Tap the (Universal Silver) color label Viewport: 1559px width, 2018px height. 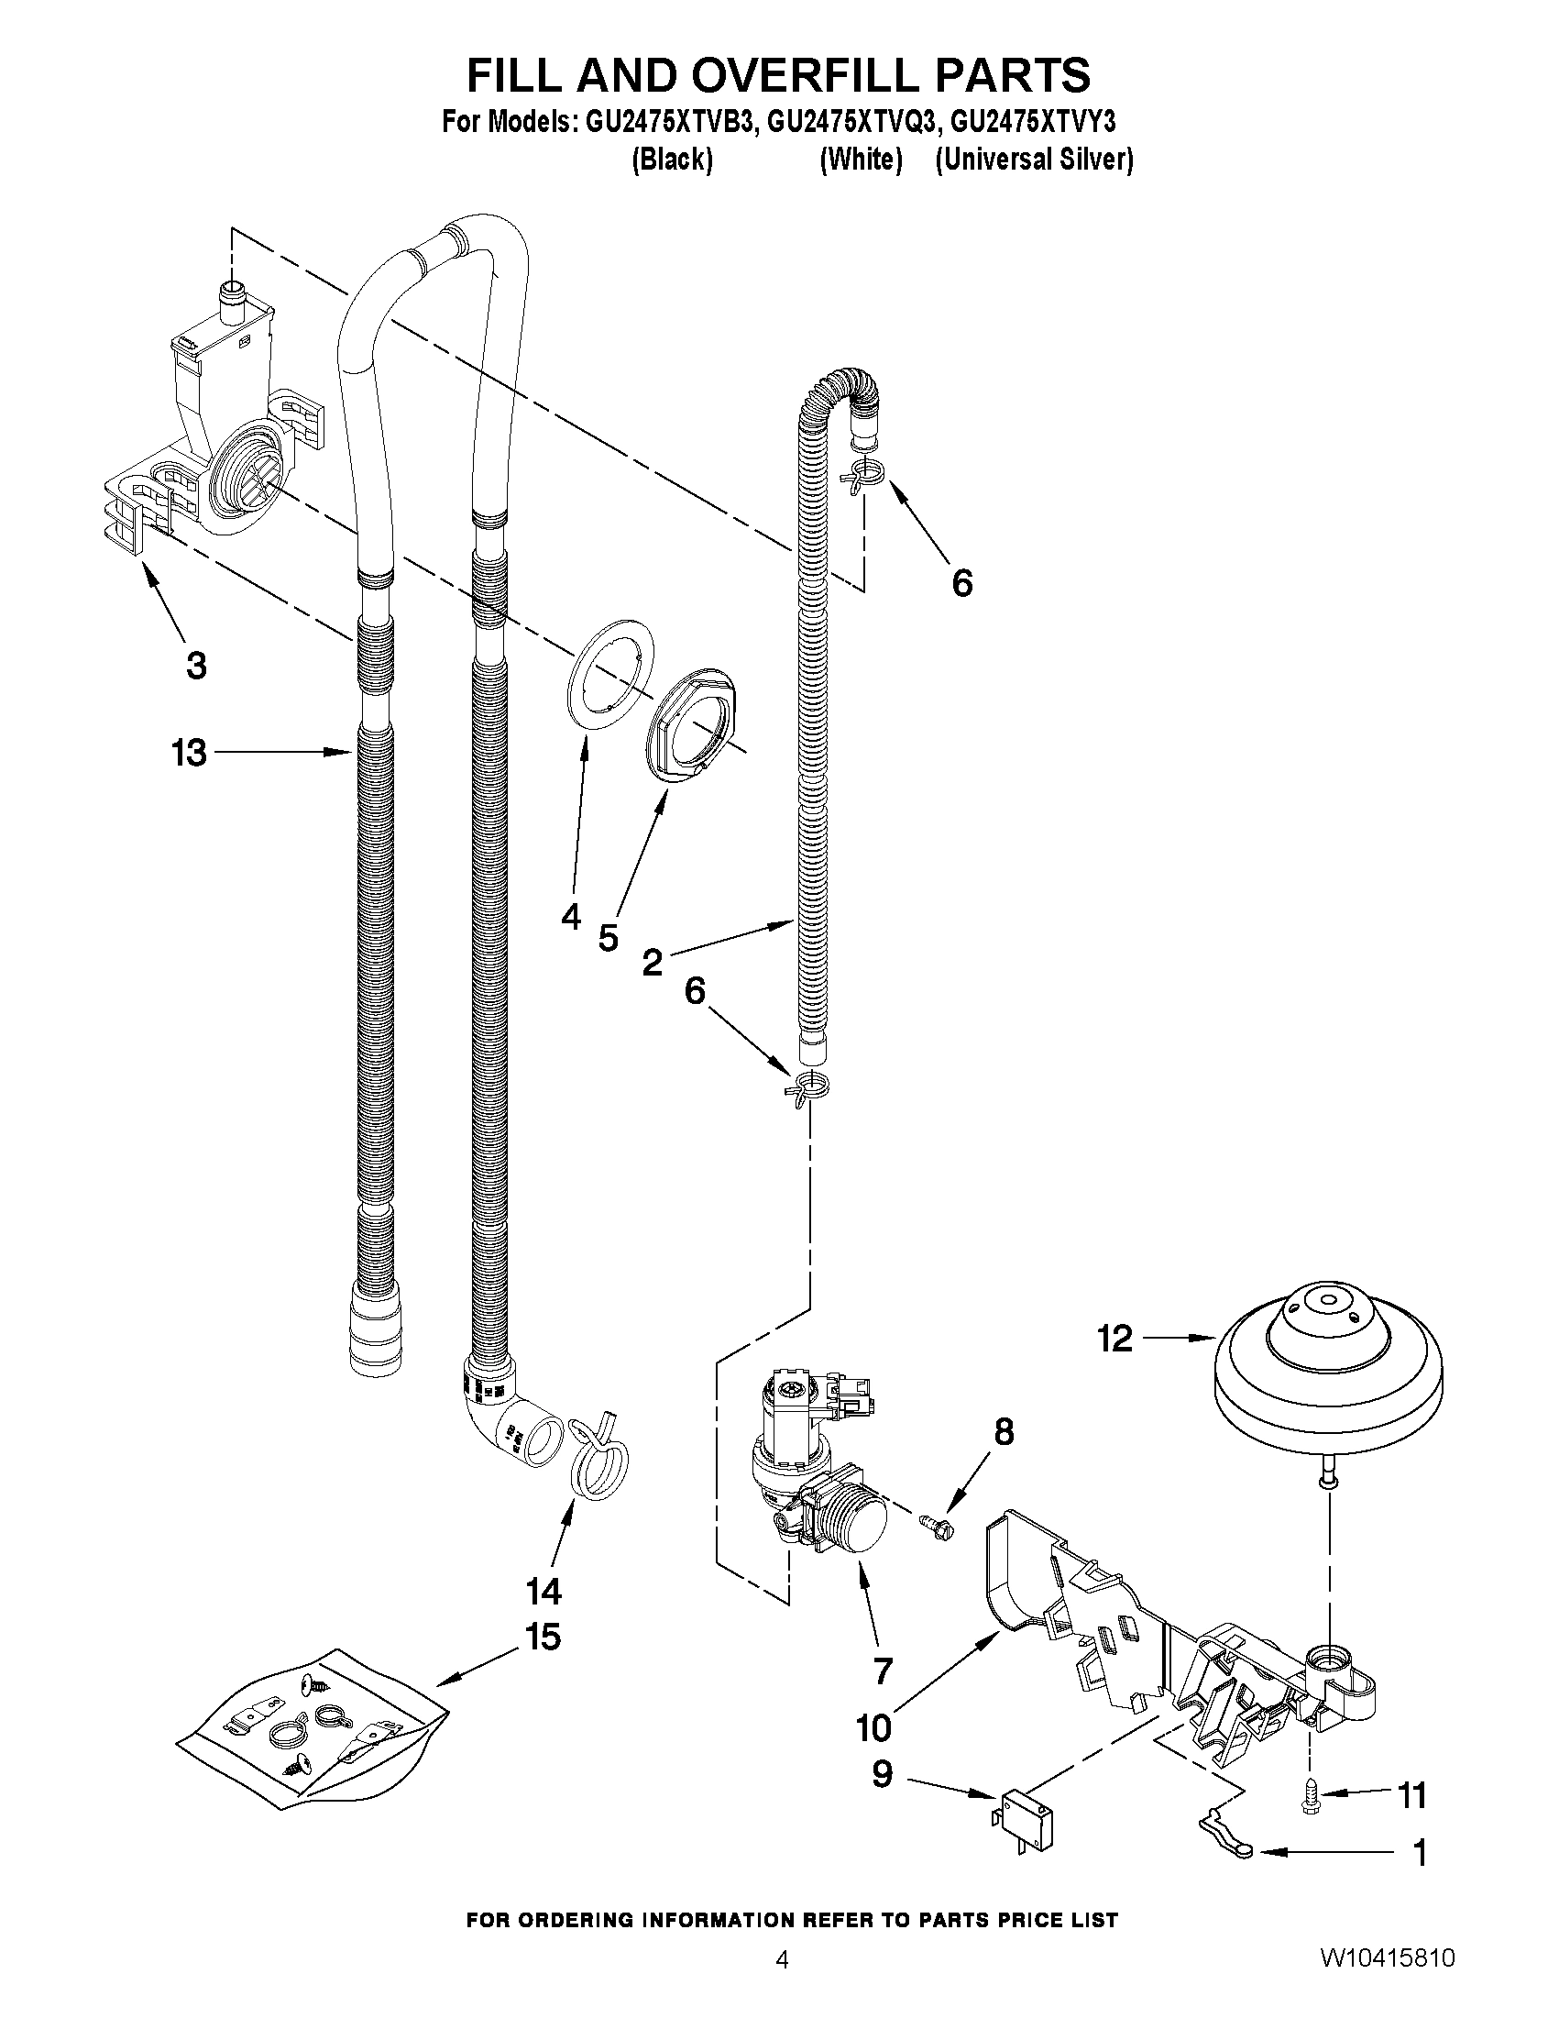coord(1034,160)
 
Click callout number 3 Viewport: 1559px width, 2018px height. coord(196,666)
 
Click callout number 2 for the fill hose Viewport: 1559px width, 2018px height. coord(652,963)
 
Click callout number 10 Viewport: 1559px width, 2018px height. coord(874,1727)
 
